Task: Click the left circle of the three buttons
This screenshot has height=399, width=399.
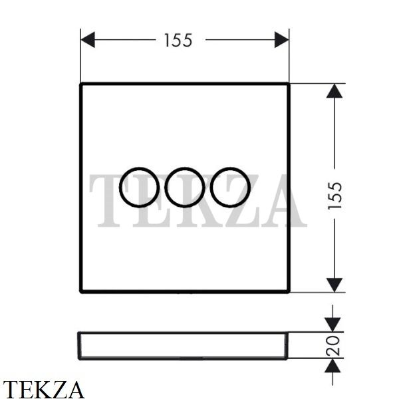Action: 120,188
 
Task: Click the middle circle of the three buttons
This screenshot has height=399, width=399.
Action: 165,188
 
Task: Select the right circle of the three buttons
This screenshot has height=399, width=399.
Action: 210,188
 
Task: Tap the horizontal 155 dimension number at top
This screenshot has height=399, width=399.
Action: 178,41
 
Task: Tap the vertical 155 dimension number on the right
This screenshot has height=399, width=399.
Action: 334,196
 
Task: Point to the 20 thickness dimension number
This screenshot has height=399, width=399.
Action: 333,346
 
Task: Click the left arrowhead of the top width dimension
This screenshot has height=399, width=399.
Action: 88,40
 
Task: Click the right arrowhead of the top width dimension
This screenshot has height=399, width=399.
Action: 282,40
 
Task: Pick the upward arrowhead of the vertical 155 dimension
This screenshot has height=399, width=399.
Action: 334,91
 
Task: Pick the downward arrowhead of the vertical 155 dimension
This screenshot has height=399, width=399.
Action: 334,285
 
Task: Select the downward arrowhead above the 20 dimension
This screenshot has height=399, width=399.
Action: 332,325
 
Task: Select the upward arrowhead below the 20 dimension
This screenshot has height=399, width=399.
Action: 332,366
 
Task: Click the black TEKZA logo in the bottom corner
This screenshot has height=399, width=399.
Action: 43,389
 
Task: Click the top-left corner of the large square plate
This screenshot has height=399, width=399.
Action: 81,84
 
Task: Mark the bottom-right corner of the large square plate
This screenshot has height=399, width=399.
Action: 289,292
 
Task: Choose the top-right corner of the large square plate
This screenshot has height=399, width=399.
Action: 289,84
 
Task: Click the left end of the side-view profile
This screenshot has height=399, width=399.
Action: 78,346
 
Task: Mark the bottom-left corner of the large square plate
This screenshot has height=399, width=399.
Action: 81,292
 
